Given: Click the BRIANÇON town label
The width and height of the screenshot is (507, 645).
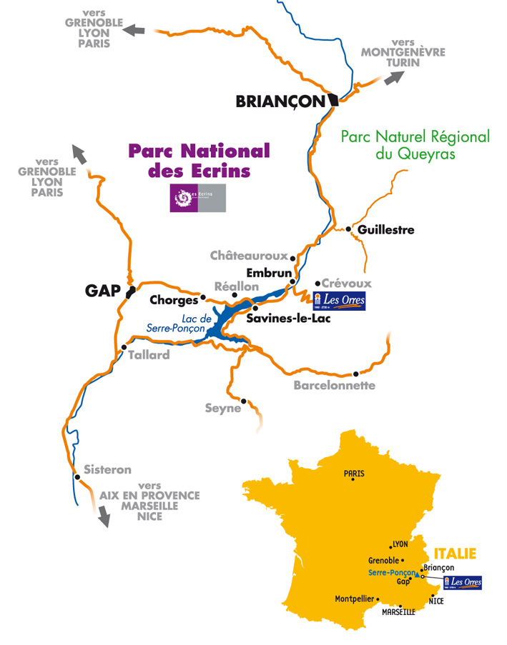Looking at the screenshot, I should (280, 102).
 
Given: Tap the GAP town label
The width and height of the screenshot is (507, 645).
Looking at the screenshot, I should (102, 291).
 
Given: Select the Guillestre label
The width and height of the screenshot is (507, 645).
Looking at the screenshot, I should (385, 230).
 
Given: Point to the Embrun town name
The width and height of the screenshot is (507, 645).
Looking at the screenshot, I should (269, 273).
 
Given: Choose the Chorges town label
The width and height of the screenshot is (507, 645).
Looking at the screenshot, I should (173, 301).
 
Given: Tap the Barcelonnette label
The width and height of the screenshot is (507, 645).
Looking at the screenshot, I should (334, 385).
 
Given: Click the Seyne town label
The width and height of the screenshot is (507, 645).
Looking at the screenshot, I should (222, 409).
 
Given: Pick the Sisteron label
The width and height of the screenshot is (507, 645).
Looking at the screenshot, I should (107, 470).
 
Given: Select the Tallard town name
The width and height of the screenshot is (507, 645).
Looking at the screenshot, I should (149, 354).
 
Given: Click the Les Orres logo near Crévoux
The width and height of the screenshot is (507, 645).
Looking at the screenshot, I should (340, 300).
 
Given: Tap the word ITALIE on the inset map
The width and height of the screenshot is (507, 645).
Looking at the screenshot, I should (455, 554).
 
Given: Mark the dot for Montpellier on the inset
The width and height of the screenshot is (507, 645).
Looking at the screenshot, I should (378, 599).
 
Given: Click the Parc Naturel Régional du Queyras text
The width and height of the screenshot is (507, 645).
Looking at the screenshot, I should (415, 144).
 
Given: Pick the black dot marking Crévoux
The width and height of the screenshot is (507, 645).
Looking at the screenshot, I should (318, 283).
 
